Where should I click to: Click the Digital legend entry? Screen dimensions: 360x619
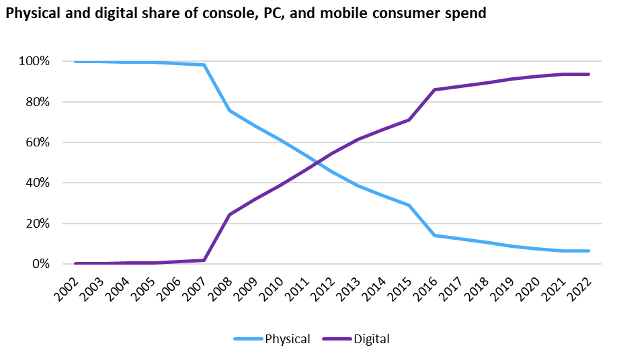(x=370, y=339)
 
